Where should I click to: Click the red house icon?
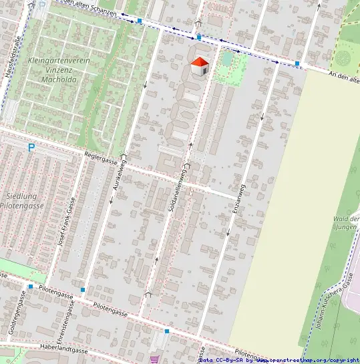tap(199, 67)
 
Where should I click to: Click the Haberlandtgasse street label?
tap(63, 349)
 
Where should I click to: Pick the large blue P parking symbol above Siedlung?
tap(31, 147)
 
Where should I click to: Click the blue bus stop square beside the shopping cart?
tap(167, 331)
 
